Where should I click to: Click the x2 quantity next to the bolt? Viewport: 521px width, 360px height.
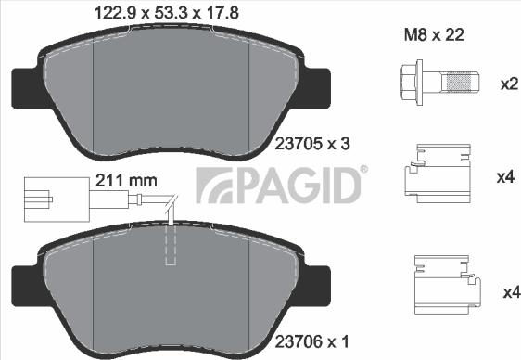click(508, 84)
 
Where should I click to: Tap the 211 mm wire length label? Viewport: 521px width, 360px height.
click(124, 181)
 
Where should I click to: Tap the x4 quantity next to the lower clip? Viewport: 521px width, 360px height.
click(508, 293)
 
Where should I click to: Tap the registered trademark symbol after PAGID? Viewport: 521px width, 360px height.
click(363, 169)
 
